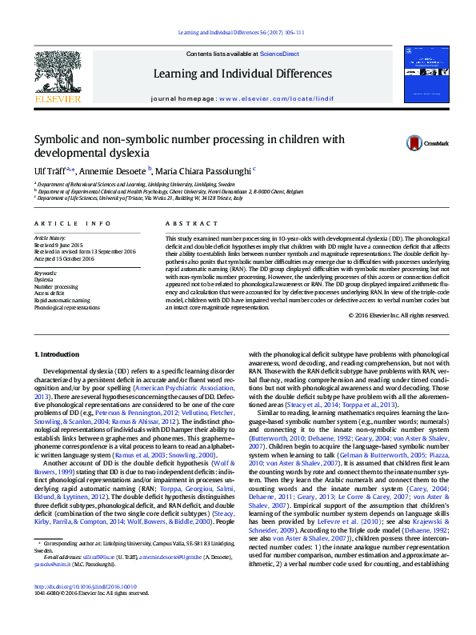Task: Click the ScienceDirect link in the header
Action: (x=279, y=54)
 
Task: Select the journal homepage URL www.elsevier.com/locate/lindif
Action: (x=277, y=98)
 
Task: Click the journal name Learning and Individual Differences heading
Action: (x=242, y=74)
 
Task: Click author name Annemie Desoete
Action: (x=112, y=170)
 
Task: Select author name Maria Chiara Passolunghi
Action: (x=204, y=170)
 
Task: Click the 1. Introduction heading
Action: (x=58, y=353)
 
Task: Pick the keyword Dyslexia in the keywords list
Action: (x=45, y=280)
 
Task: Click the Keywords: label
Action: (x=46, y=273)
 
